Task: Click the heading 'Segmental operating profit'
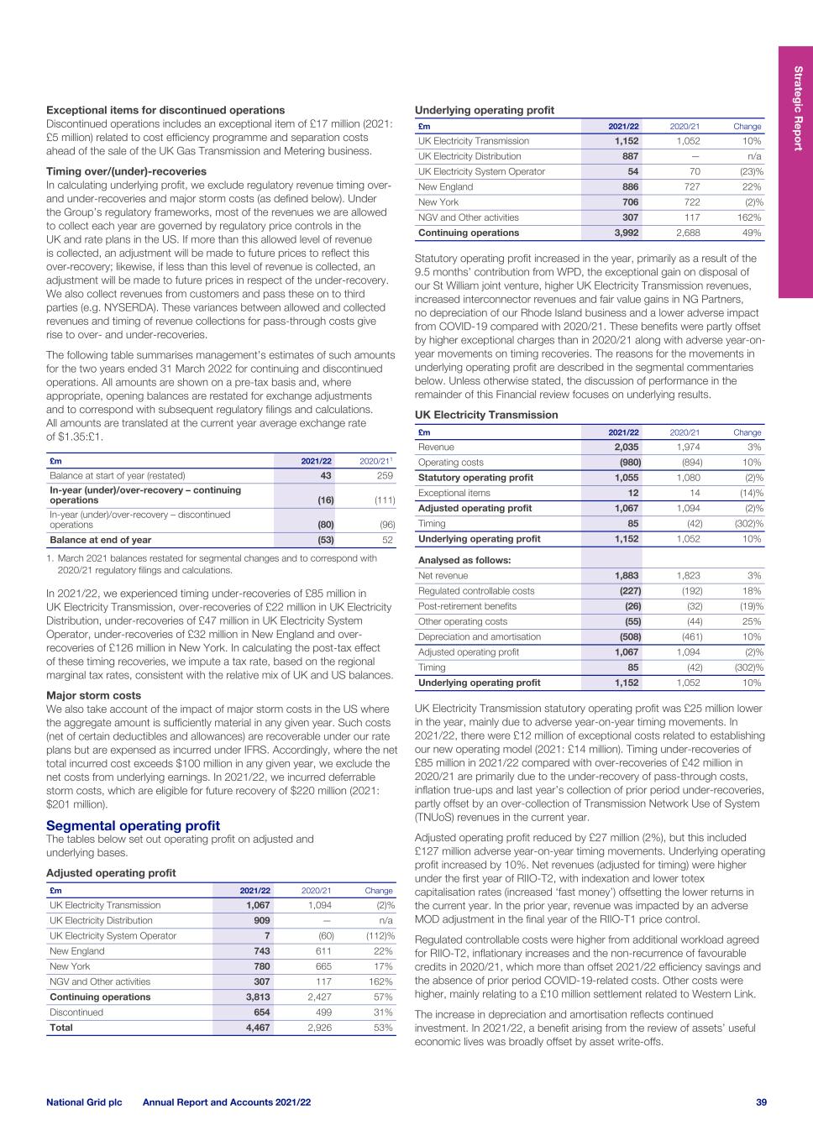(133, 826)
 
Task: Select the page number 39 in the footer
(761, 1102)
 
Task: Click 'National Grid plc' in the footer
(84, 1102)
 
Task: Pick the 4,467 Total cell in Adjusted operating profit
(257, 1027)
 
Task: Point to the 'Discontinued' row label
(76, 1012)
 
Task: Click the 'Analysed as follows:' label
(464, 560)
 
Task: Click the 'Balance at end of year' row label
(101, 540)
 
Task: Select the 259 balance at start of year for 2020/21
(385, 475)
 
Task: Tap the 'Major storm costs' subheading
(93, 695)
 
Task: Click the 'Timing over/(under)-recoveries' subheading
(126, 171)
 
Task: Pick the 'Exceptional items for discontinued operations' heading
(165, 110)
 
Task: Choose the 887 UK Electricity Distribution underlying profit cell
(629, 156)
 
